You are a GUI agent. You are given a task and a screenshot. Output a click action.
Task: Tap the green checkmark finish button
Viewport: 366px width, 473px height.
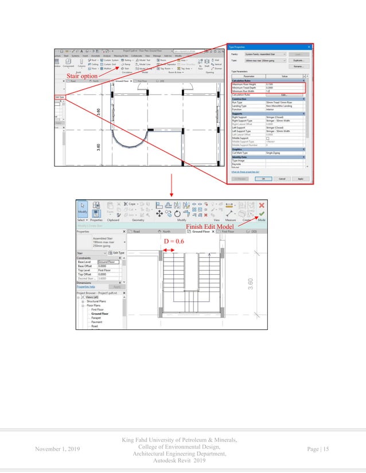tap(262, 215)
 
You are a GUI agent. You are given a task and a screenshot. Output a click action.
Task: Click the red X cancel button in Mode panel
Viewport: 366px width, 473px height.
tap(262, 205)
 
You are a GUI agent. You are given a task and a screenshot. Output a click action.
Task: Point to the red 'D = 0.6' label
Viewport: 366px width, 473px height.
tap(174, 242)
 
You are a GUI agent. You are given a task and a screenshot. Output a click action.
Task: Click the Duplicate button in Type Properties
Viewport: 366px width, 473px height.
tap(298, 60)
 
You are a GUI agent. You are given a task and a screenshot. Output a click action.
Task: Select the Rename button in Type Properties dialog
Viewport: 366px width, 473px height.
tap(298, 66)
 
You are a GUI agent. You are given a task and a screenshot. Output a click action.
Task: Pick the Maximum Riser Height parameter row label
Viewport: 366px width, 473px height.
tap(246, 84)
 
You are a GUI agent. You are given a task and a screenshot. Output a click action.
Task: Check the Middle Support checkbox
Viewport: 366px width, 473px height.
tap(267, 139)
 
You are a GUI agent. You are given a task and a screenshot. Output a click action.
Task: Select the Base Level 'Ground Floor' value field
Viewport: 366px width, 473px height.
tap(109, 262)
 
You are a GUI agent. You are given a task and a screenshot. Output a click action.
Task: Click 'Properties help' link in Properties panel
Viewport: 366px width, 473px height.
tap(87, 286)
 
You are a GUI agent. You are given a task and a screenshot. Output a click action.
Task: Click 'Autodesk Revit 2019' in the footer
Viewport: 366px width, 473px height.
tap(182, 460)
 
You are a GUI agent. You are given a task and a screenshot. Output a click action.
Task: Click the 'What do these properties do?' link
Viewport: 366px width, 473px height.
tap(246, 171)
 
